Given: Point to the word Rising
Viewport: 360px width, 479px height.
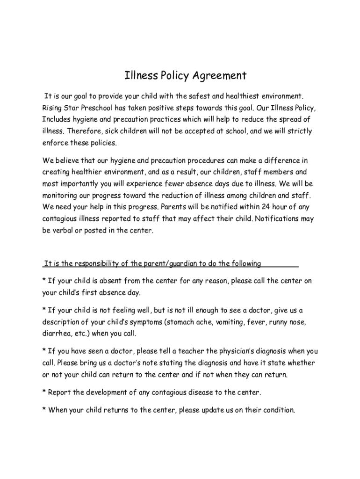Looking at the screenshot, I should (x=52, y=108).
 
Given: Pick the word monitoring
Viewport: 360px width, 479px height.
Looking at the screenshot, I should (x=61, y=196).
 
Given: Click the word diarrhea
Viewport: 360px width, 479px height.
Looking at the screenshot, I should (x=58, y=334).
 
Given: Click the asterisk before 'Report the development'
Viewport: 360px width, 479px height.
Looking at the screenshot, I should (x=44, y=392).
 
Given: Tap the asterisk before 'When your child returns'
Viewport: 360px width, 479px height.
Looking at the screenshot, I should (x=44, y=410).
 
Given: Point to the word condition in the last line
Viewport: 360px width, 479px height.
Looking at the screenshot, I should (x=279, y=410).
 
